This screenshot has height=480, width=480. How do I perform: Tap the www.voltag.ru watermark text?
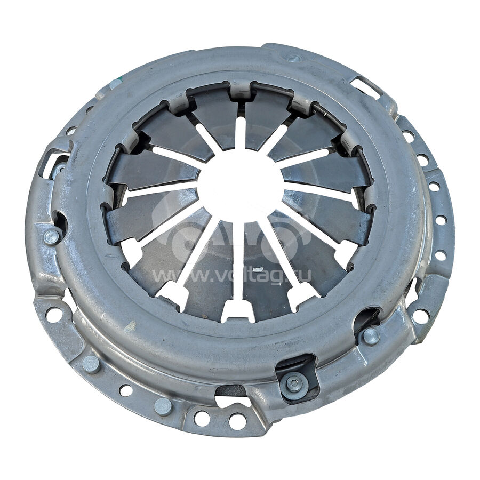click(232, 275)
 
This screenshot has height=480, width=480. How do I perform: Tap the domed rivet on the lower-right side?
click(371, 336)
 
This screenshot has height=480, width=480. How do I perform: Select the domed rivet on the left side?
click(52, 237)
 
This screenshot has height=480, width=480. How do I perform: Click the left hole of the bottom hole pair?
click(202, 418)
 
